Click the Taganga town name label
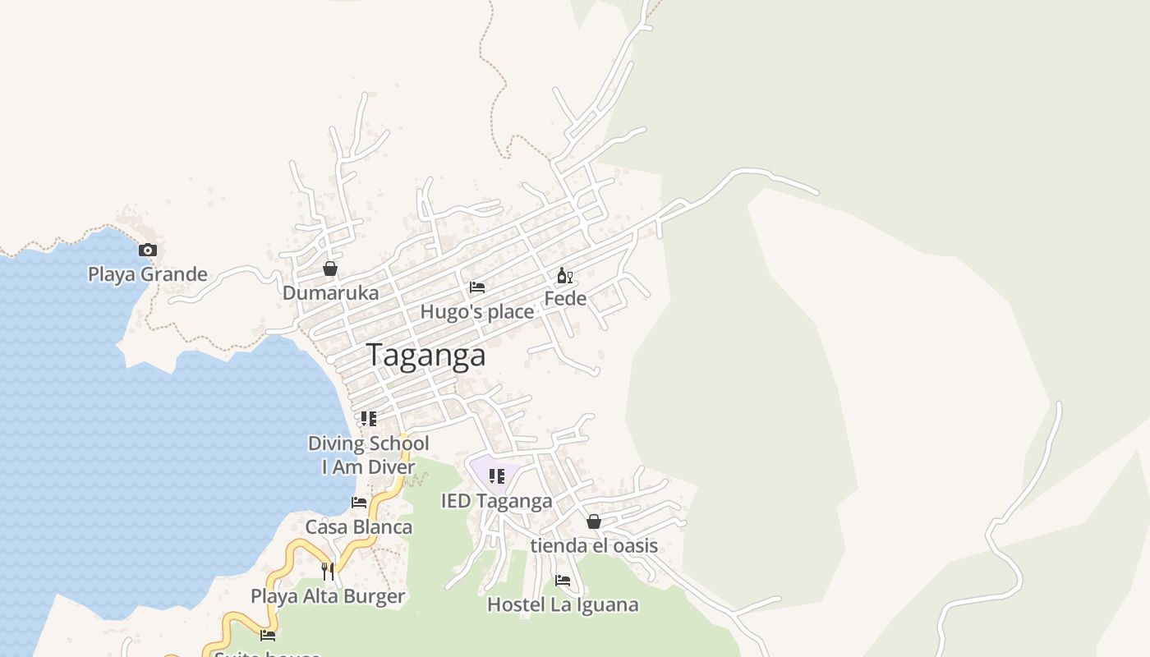pyautogui.click(x=425, y=355)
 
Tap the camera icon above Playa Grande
pyautogui.click(x=148, y=250)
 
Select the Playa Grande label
pyautogui.click(x=148, y=274)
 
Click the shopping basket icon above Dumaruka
pyautogui.click(x=330, y=269)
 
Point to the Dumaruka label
pyautogui.click(x=331, y=293)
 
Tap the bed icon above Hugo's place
pyautogui.click(x=477, y=287)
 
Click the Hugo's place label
pyautogui.click(x=477, y=312)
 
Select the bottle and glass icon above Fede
pyautogui.click(x=565, y=275)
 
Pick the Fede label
pyautogui.click(x=565, y=299)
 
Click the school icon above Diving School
pyautogui.click(x=369, y=419)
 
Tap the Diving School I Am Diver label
pyautogui.click(x=369, y=455)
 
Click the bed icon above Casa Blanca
pyautogui.click(x=359, y=503)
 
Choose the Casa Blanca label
pyautogui.click(x=359, y=527)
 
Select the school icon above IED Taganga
pyautogui.click(x=496, y=476)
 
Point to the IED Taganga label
pyautogui.click(x=497, y=501)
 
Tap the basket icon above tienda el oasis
pyautogui.click(x=594, y=521)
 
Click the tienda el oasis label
pyautogui.click(x=594, y=546)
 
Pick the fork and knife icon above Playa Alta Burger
pyautogui.click(x=328, y=572)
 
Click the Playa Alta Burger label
pyautogui.click(x=328, y=597)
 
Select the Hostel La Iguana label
pyautogui.click(x=563, y=605)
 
